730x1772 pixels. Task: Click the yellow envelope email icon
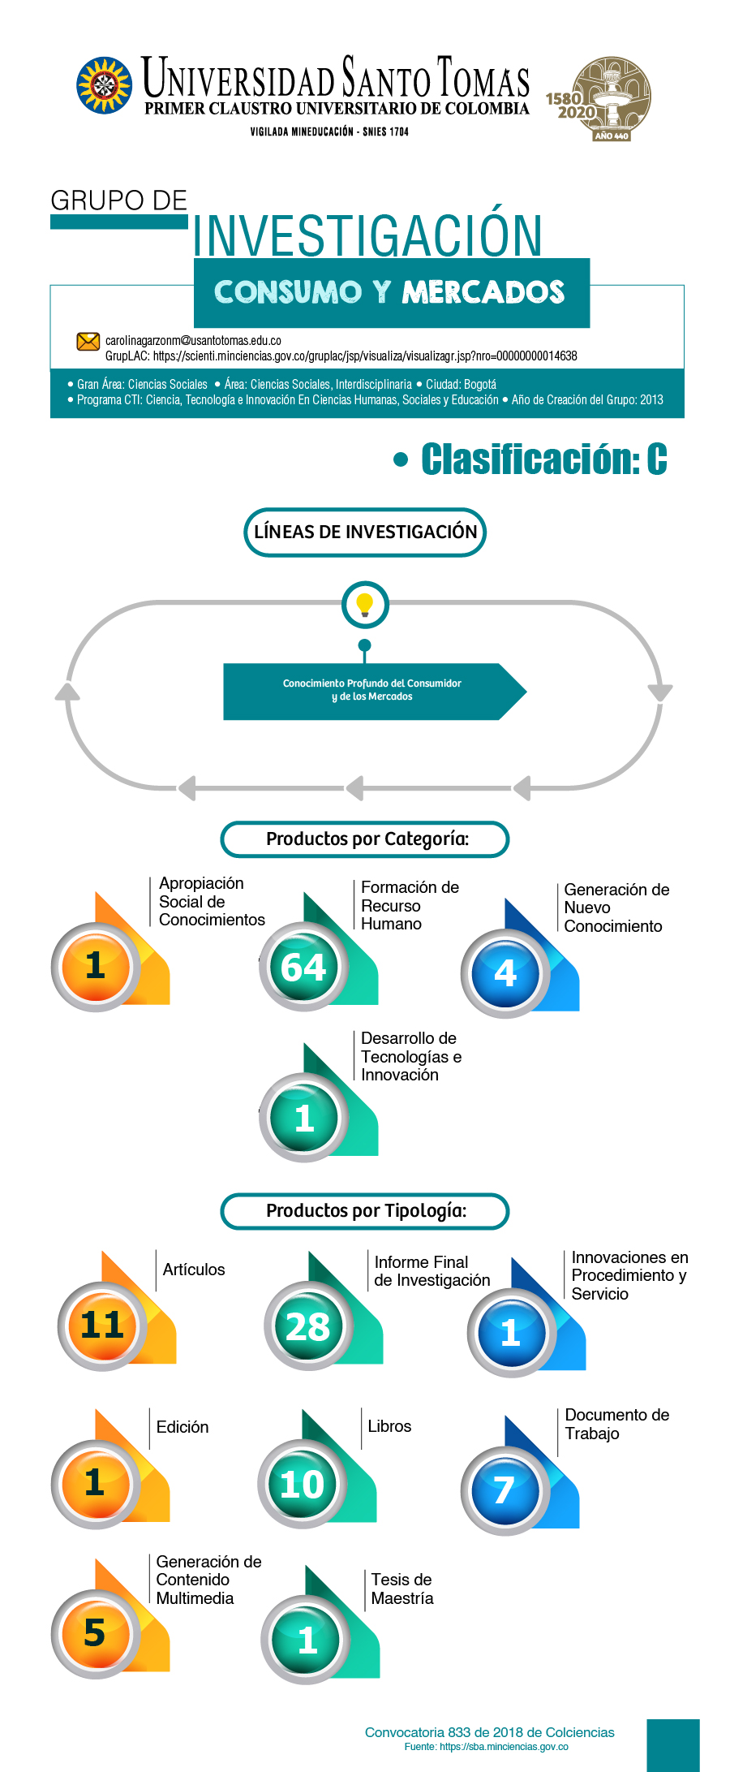tap(88, 342)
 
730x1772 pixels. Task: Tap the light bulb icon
tap(365, 605)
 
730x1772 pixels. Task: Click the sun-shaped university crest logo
tap(104, 84)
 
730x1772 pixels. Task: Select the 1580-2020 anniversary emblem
tap(600, 99)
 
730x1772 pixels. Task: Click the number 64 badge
tap(303, 967)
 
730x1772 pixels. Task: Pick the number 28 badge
tap(308, 1326)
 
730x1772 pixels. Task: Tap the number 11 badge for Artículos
tap(102, 1326)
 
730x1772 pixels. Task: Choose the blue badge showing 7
tap(505, 1490)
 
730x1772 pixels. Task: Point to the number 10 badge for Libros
tap(302, 1484)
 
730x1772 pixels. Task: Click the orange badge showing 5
tap(95, 1633)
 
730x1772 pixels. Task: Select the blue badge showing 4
tap(505, 972)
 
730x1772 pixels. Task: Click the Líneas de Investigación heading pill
tap(365, 532)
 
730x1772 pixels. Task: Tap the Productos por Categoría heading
tap(365, 839)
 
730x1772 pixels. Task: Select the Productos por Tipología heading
tap(365, 1211)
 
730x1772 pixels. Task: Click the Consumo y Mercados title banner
tap(392, 292)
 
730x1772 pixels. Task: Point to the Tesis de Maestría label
tap(402, 1589)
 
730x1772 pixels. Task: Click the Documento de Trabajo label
tap(617, 1424)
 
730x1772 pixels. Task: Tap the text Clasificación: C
tap(543, 459)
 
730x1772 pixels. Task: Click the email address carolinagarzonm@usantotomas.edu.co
tap(193, 341)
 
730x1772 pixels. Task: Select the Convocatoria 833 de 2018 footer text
tap(490, 1732)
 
